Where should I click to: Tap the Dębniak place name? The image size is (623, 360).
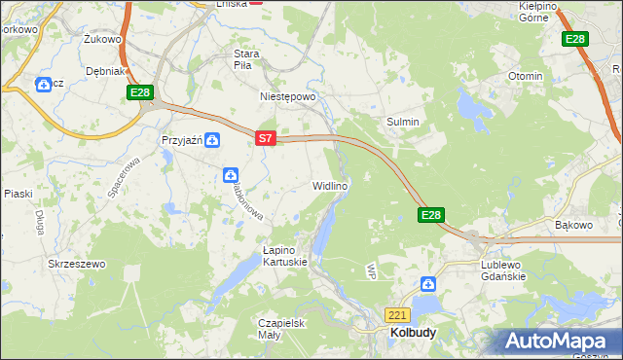104,71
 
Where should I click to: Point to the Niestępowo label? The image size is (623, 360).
288,97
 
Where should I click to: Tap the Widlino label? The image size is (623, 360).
330,184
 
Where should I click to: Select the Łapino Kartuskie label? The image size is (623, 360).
285,256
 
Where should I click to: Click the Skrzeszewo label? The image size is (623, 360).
76,264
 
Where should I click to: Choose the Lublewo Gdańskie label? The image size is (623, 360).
503,270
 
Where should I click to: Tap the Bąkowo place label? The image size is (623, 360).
573,225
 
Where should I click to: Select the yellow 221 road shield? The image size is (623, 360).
397,315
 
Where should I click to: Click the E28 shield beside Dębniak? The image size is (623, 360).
140,92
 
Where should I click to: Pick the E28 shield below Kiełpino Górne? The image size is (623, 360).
575,39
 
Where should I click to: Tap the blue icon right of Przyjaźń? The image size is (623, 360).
212,140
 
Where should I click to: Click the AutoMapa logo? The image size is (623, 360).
559,342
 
